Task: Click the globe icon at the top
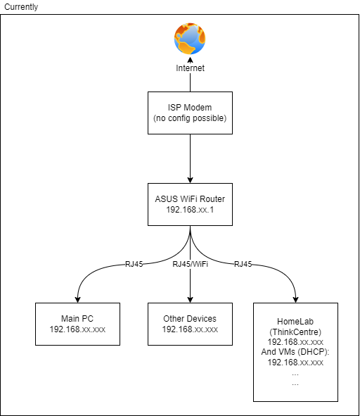[189, 39]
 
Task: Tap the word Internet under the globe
[190, 68]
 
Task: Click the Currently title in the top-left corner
[21, 6]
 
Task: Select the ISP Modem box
[190, 113]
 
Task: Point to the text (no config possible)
[190, 118]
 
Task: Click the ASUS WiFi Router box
[190, 204]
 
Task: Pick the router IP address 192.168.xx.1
[190, 210]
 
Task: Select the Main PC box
[77, 324]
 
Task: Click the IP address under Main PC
[77, 329]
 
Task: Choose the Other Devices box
[190, 324]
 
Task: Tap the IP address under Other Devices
[190, 329]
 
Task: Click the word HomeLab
[295, 320]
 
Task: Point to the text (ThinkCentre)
[295, 331]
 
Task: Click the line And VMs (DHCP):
[295, 352]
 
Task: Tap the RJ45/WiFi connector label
[190, 264]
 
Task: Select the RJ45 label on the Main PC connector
[134, 264]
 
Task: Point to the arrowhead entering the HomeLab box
[295, 299]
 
